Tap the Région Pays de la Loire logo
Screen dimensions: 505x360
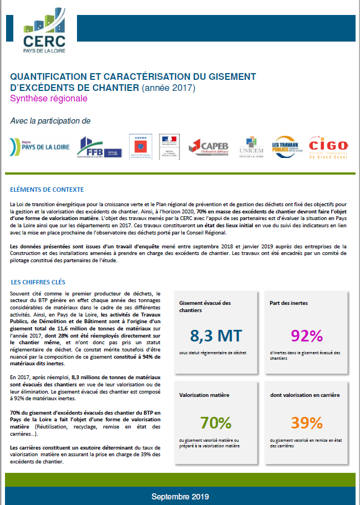37,147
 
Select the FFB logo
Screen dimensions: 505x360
98,147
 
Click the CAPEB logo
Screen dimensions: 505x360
208,147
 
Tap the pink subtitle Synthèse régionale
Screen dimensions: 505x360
49,98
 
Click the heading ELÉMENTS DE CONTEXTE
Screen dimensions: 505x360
47,189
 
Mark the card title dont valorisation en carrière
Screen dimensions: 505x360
305,395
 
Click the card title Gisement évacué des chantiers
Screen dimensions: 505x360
205,307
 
